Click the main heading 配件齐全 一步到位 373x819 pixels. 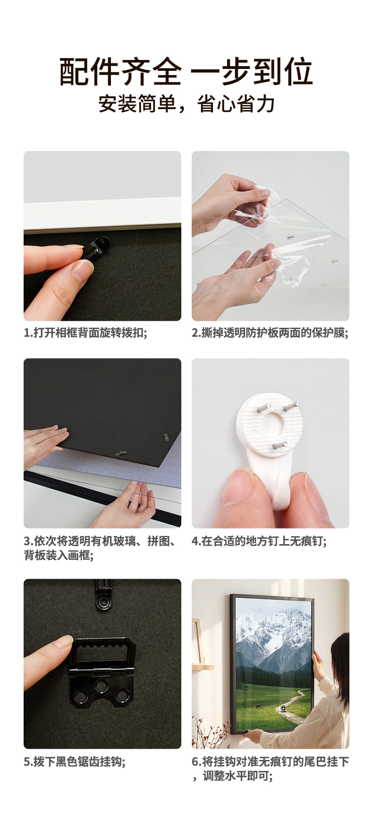tap(186, 72)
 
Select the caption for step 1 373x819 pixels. tap(85, 333)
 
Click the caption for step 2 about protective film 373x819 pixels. tap(270, 333)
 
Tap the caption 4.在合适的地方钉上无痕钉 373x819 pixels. tap(259, 541)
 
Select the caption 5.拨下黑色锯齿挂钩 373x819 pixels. tap(75, 761)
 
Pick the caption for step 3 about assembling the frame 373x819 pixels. tap(101, 548)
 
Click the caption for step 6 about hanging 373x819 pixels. tap(270, 768)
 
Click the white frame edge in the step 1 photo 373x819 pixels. tap(102, 214)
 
